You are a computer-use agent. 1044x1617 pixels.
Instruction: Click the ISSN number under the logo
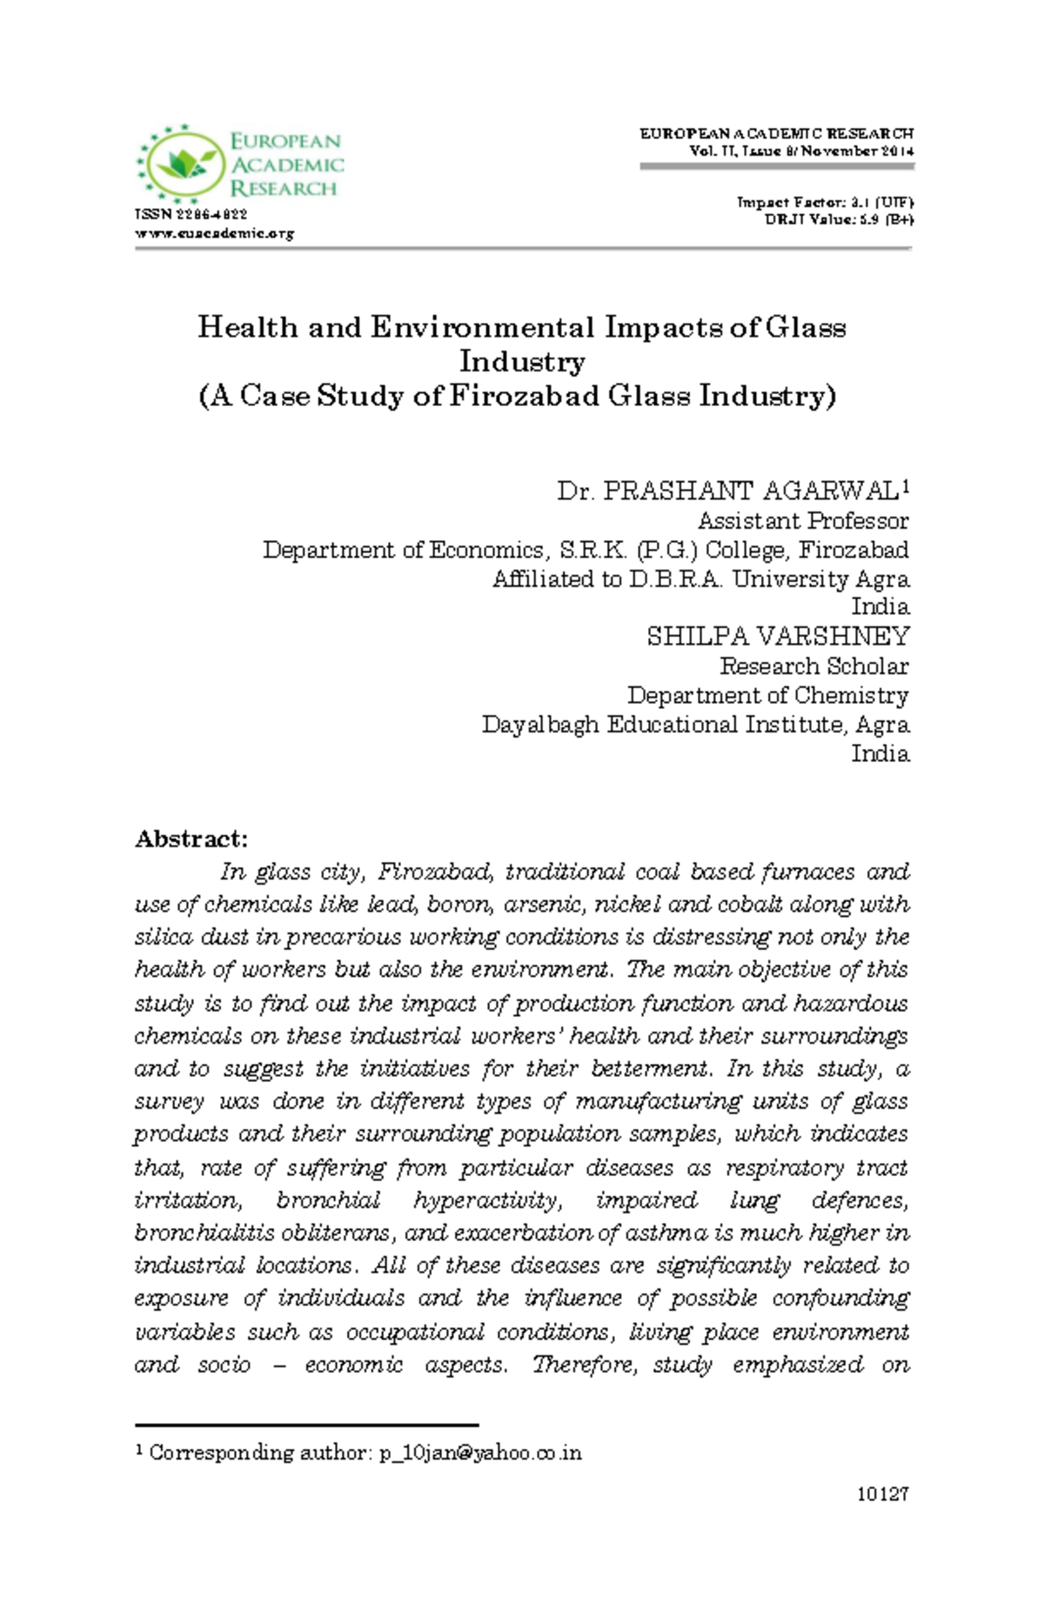coord(191,214)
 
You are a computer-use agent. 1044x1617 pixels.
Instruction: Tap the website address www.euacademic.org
coord(214,233)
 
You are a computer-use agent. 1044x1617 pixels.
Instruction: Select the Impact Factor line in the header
coord(824,202)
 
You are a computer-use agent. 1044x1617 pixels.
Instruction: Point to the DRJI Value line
coord(838,219)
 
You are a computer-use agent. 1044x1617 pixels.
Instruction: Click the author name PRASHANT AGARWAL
coord(751,491)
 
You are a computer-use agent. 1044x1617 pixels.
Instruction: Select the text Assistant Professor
coord(802,520)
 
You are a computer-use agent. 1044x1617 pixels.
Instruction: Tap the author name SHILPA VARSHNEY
coord(777,636)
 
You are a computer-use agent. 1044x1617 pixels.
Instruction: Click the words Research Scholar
coord(813,665)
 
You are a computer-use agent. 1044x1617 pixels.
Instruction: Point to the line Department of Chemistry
coord(767,695)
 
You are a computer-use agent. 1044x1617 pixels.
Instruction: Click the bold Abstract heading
coord(191,839)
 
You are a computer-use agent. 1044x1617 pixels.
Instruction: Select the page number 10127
coord(882,1494)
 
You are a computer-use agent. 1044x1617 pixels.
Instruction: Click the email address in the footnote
coord(480,1453)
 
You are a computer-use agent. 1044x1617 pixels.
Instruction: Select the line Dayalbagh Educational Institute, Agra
coord(695,724)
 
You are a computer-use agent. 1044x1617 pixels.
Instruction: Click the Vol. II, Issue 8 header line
coord(800,151)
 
